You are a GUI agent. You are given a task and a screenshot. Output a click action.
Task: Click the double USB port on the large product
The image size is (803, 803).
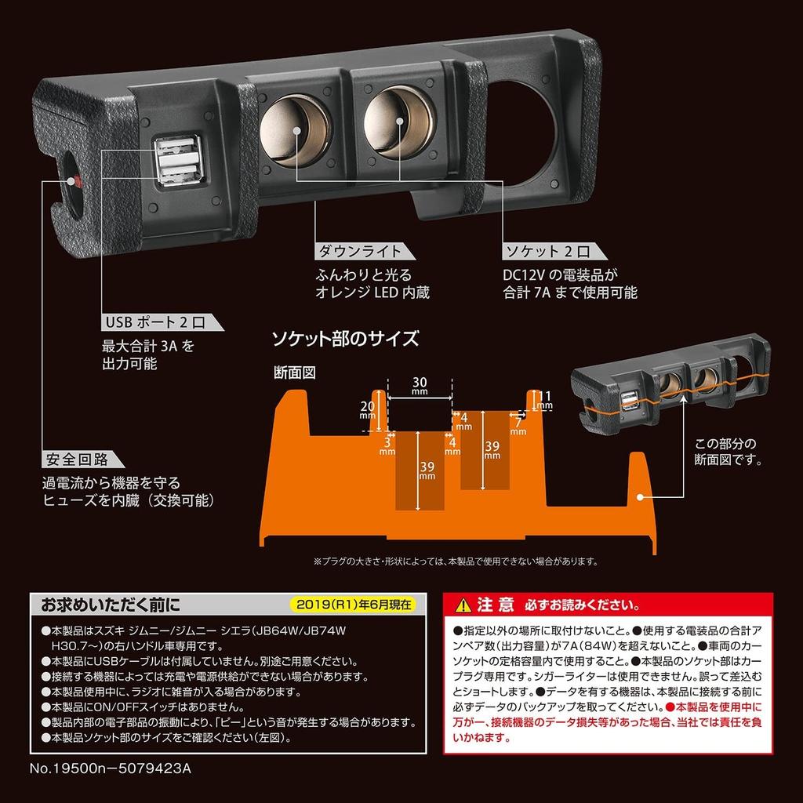(176, 162)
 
